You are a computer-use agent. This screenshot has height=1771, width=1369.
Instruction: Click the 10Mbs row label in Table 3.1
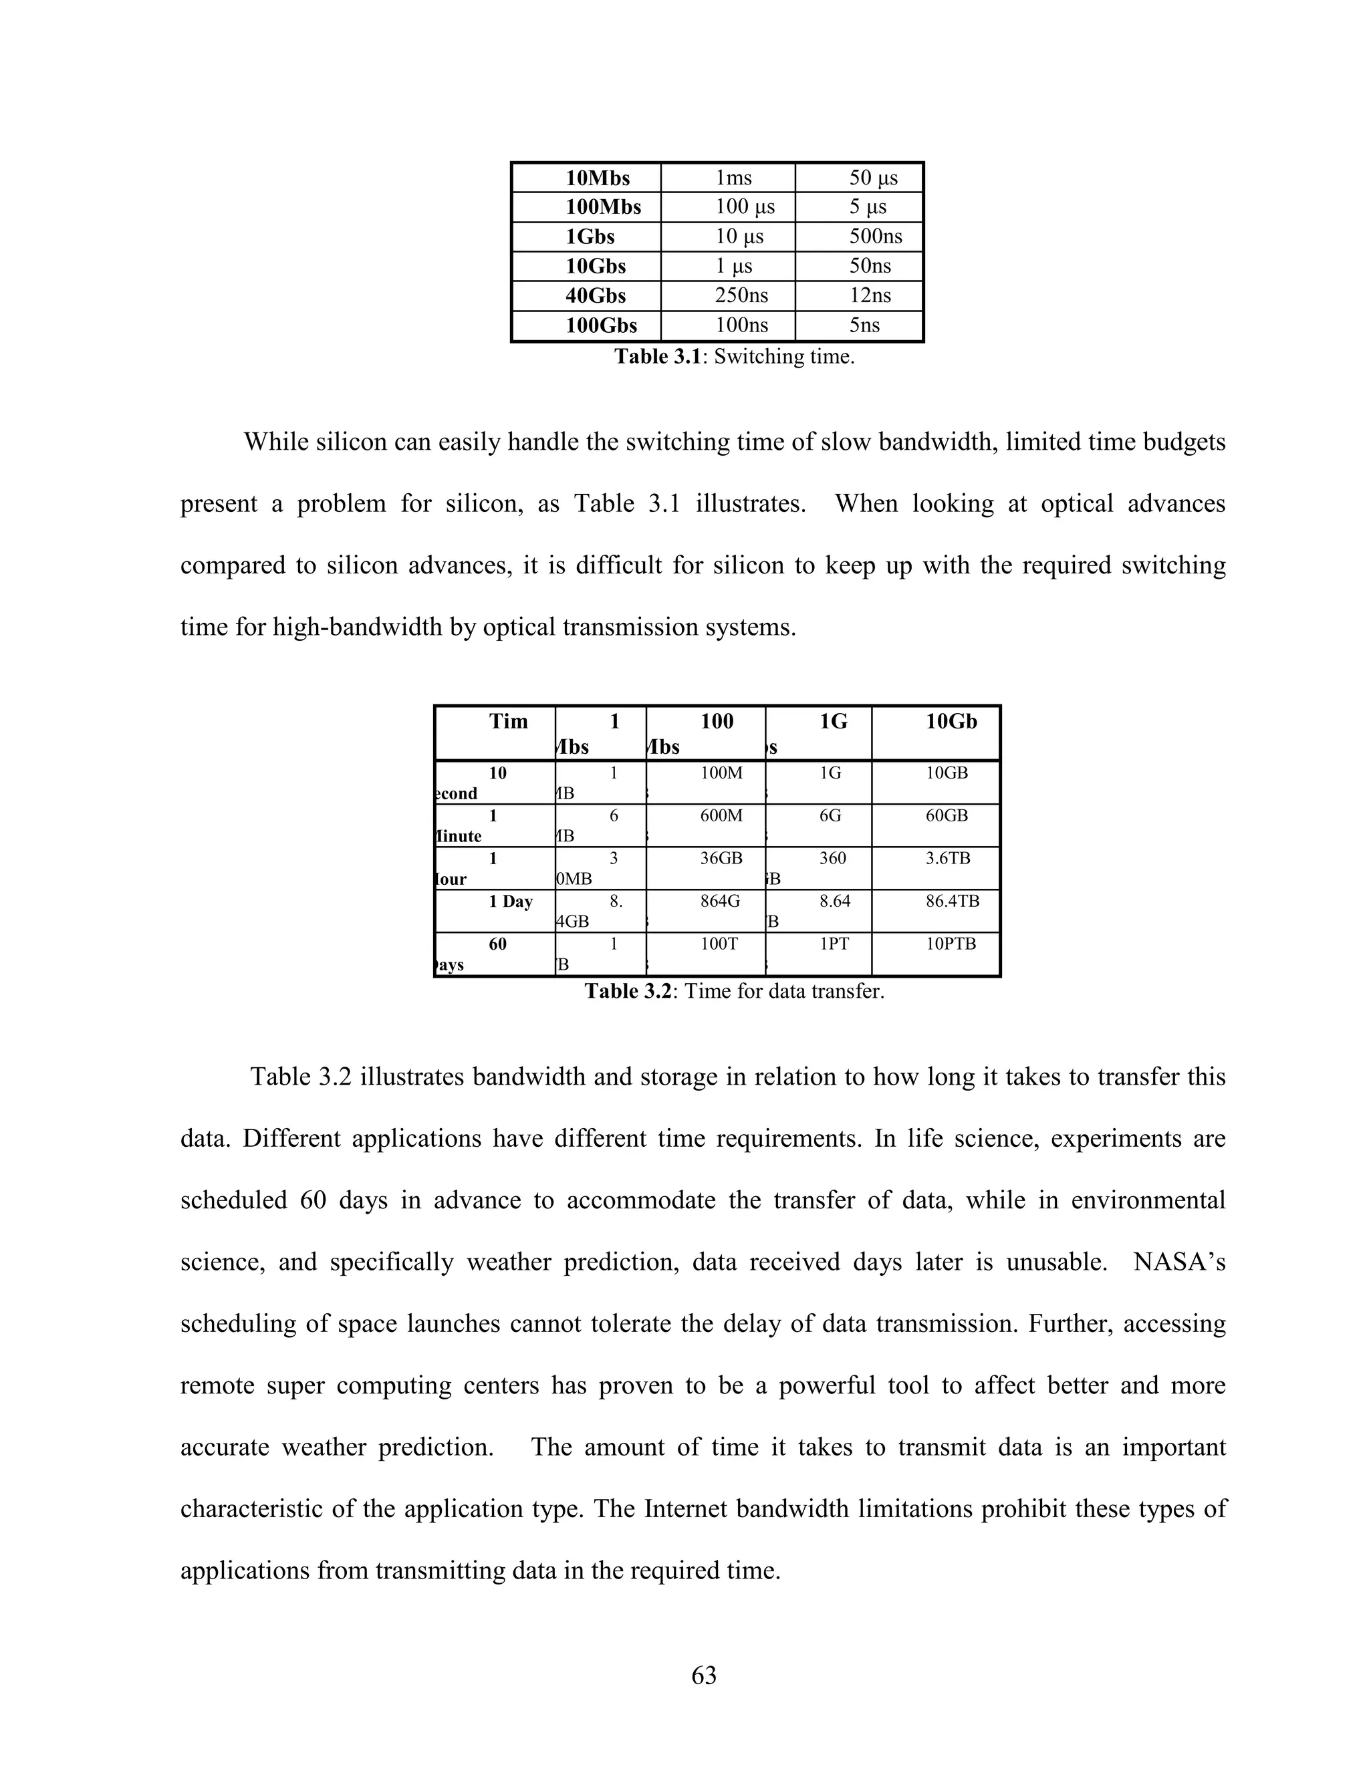(x=597, y=178)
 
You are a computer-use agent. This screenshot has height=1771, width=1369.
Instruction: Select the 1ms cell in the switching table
(x=733, y=178)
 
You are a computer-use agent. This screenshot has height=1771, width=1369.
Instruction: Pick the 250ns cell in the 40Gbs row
(x=741, y=295)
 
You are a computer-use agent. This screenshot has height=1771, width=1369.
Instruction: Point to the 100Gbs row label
(x=601, y=325)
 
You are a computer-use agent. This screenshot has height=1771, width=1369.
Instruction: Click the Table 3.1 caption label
(x=657, y=356)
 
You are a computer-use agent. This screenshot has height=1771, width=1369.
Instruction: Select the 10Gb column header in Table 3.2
(x=951, y=721)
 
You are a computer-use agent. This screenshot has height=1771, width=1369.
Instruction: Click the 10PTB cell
(x=951, y=944)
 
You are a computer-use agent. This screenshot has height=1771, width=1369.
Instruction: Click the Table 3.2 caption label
(x=628, y=991)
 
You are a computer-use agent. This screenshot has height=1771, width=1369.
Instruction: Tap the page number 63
(x=703, y=1675)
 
